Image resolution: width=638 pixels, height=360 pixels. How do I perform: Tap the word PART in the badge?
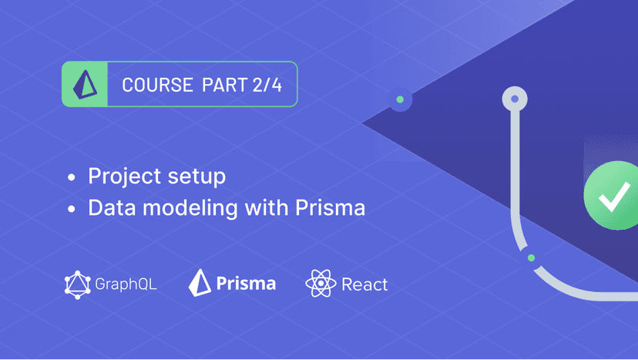pos(224,85)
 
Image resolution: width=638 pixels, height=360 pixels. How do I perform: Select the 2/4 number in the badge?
pos(267,85)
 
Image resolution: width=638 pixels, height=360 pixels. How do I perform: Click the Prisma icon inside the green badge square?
pos(85,84)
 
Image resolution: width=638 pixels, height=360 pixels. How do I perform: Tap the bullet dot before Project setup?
pos(72,177)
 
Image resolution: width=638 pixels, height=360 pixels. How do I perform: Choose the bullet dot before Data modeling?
pos(72,209)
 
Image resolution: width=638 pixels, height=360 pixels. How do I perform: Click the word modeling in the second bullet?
pos(190,208)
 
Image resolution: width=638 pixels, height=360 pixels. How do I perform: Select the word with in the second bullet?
pos(267,207)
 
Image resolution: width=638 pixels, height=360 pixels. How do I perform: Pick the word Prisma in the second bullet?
pos(330,207)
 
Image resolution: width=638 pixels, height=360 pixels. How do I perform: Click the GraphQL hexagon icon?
pos(77,284)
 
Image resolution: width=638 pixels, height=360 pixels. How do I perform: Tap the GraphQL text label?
pos(126,284)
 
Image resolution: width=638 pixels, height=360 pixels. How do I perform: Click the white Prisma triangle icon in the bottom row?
pos(200,283)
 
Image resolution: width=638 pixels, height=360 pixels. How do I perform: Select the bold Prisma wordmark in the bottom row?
pos(246,283)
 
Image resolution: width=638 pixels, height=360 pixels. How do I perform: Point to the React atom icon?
pos(321,283)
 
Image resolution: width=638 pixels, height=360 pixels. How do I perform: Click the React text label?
pos(364,284)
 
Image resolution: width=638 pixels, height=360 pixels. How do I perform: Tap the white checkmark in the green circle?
pos(614,197)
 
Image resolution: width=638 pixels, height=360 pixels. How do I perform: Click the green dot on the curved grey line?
pos(531,257)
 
